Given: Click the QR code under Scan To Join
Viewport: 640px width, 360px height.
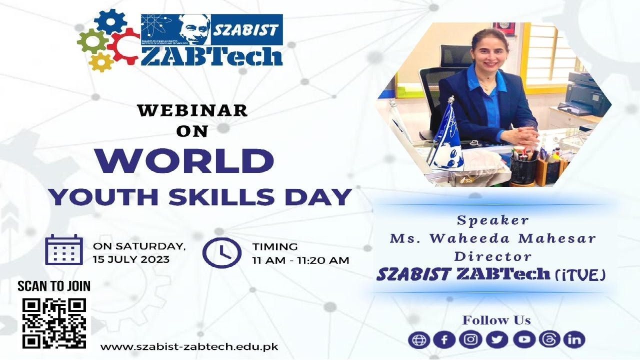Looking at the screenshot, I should pyautogui.click(x=54, y=323).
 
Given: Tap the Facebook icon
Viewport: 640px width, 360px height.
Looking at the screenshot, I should pyautogui.click(x=444, y=340).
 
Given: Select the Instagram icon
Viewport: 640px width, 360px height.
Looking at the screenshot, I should pyautogui.click(x=470, y=340).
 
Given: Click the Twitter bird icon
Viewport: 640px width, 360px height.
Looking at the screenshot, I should pyautogui.click(x=496, y=340).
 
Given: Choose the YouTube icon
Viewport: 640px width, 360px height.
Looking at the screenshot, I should pyautogui.click(x=523, y=340).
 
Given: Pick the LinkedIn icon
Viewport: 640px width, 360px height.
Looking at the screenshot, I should pyautogui.click(x=574, y=340).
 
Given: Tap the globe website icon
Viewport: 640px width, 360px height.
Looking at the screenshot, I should pyautogui.click(x=418, y=340).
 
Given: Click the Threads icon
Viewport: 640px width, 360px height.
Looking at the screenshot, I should pyautogui.click(x=549, y=340).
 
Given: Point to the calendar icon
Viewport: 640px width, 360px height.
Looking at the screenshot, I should pyautogui.click(x=64, y=249).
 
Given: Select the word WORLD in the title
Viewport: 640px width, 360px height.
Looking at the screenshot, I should pyautogui.click(x=190, y=161).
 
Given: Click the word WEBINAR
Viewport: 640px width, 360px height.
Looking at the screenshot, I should pyautogui.click(x=192, y=110).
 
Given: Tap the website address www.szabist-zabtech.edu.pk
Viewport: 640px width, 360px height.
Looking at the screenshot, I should pyautogui.click(x=189, y=346).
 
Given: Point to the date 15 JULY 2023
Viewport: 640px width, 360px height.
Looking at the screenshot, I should pyautogui.click(x=131, y=259).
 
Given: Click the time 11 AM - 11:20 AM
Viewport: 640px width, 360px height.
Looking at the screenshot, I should pyautogui.click(x=300, y=260).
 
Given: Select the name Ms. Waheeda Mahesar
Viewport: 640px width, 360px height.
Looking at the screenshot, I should pyautogui.click(x=492, y=238).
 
